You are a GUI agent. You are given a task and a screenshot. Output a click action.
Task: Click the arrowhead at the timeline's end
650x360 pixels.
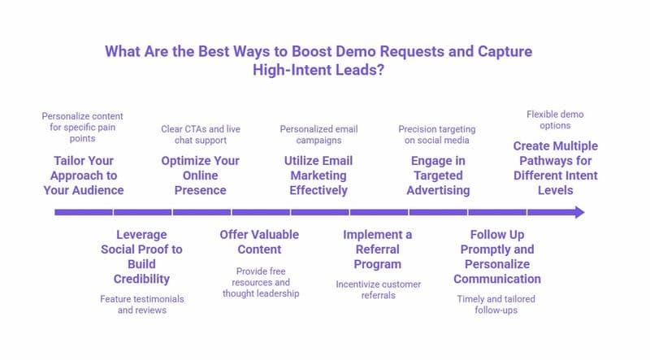point(578,212)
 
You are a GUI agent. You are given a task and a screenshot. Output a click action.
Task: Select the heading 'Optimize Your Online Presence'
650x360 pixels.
point(201,175)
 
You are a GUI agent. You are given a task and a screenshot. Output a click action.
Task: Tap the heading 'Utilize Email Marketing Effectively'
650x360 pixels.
point(318,175)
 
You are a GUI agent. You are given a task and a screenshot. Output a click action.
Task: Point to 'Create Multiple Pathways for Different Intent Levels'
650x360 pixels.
point(555,167)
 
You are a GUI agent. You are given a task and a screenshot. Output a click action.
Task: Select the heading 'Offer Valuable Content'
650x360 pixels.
point(259,242)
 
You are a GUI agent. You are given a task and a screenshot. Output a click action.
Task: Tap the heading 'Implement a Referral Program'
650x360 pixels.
point(377,249)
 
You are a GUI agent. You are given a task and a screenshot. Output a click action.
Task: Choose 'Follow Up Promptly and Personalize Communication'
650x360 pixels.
point(496,256)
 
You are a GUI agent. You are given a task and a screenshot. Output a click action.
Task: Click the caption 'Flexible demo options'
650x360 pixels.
point(555,120)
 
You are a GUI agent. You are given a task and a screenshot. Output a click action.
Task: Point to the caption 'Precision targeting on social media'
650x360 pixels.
point(437,135)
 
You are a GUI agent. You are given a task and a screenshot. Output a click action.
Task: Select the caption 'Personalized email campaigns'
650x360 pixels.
point(318,135)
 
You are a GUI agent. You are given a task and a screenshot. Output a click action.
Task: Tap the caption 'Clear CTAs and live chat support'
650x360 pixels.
point(201,135)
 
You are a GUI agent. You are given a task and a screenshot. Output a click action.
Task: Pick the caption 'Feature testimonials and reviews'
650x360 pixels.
point(142,305)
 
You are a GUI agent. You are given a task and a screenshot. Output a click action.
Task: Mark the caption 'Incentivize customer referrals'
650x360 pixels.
point(377,290)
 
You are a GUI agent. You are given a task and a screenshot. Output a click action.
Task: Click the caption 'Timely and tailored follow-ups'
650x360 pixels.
point(496,305)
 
